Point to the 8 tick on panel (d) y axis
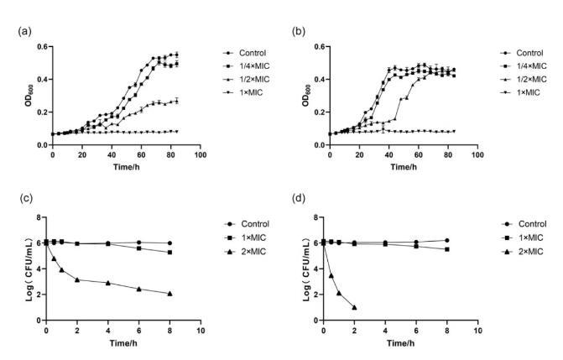pos(318,217)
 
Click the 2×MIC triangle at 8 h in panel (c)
pos(170,294)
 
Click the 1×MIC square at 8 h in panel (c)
pos(170,253)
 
